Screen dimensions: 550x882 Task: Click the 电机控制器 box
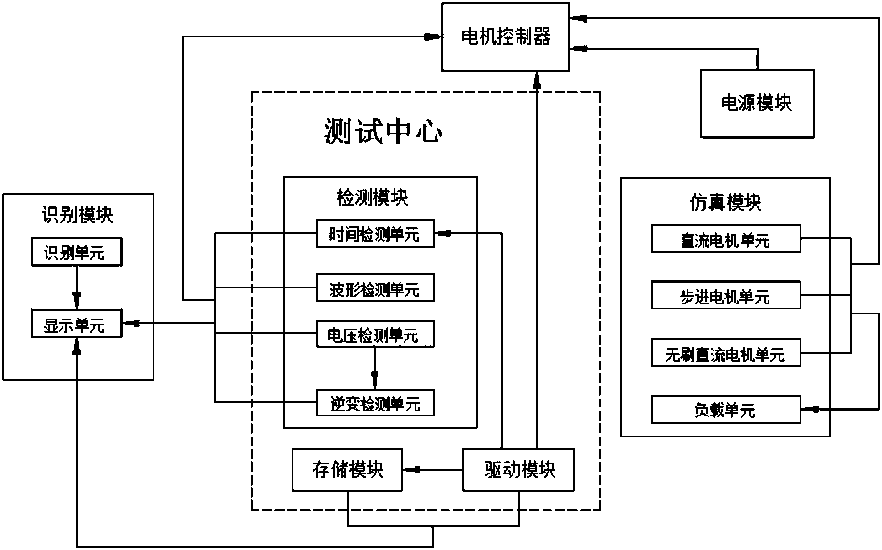506,37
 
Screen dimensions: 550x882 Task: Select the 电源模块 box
757,103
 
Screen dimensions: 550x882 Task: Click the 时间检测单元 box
375,234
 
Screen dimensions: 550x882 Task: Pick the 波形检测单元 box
375,288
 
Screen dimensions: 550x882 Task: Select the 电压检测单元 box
375,334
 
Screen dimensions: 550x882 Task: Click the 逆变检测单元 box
375,403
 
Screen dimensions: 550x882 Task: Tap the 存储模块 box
347,470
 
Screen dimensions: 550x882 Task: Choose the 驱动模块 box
518,470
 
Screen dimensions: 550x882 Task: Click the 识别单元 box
76,252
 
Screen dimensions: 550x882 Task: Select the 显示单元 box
76,324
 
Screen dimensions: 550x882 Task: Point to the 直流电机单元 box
725,238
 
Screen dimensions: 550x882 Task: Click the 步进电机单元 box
725,295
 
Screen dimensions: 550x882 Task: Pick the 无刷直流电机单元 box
725,353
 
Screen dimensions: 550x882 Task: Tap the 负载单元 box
725,410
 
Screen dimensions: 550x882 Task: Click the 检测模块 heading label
372,198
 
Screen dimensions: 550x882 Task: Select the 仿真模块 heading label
725,202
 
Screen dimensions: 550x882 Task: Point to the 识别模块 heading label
77,214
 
